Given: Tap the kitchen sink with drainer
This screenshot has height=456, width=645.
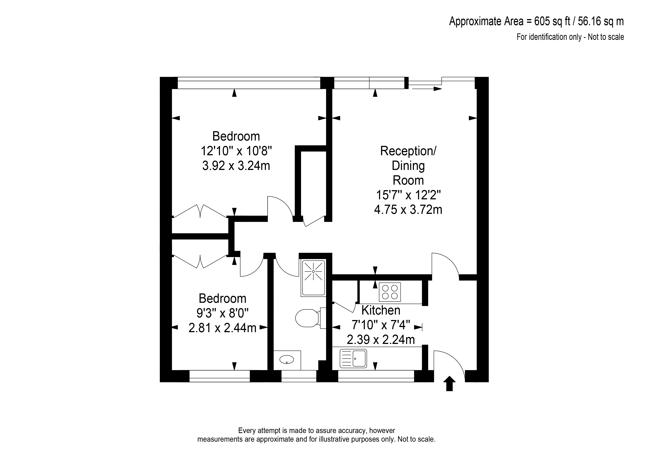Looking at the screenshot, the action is [x=353, y=359].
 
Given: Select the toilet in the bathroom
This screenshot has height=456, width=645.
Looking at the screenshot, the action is [x=311, y=318].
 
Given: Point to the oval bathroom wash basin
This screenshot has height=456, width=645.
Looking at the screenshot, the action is [x=287, y=359].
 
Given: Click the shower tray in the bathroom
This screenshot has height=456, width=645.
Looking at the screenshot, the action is [x=313, y=278].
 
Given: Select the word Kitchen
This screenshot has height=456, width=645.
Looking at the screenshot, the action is [x=381, y=310].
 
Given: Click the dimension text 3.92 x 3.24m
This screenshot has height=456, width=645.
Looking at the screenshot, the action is [x=236, y=166].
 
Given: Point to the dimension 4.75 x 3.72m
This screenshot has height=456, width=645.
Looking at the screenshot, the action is [x=408, y=209].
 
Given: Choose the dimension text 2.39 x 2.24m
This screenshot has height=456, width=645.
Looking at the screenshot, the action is [x=381, y=340].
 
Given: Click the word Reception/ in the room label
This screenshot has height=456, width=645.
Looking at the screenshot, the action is [x=408, y=151].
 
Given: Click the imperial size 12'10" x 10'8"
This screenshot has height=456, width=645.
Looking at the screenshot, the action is [x=236, y=151].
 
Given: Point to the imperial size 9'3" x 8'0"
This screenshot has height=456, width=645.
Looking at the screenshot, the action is [x=222, y=313].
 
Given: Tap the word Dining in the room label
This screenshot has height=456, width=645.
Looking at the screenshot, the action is [x=408, y=166].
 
